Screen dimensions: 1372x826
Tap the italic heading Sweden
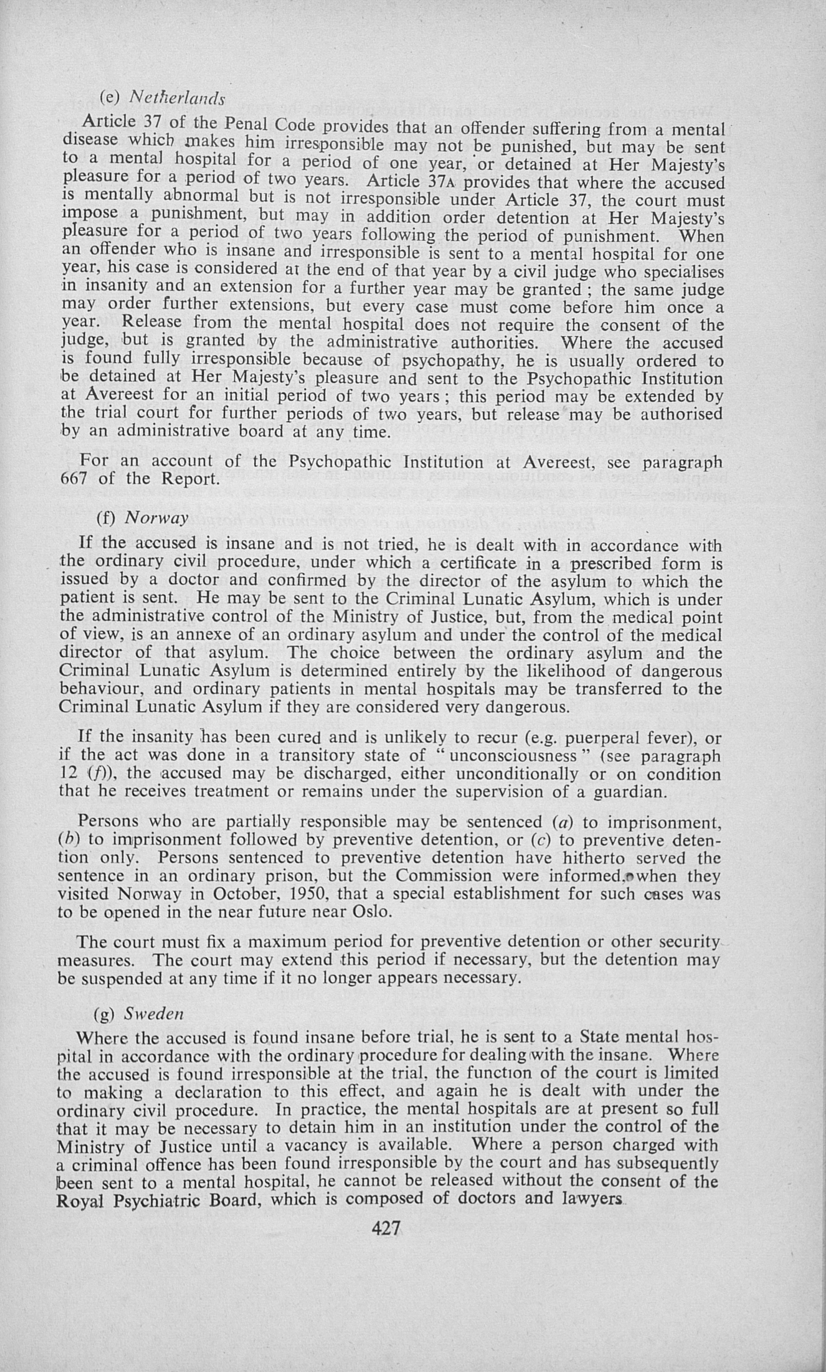[x=154, y=1014]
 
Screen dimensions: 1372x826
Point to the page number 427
[x=386, y=1228]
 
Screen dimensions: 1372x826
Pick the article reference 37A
[x=442, y=182]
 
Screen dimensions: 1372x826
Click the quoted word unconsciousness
[x=513, y=756]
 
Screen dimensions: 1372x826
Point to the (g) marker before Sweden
[x=104, y=1014]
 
